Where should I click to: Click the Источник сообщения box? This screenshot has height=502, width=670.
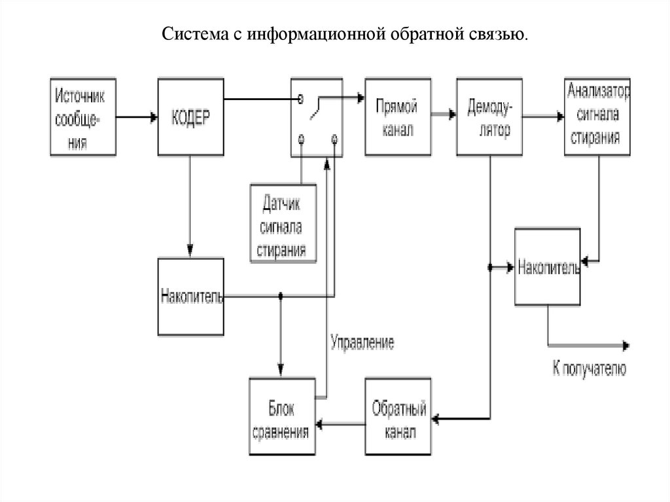(82, 117)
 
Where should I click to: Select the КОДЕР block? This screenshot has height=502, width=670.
(190, 117)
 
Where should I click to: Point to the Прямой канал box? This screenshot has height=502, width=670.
(398, 117)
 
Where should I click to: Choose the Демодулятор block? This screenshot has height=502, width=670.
(489, 117)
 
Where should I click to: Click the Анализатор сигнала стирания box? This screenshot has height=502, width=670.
(598, 117)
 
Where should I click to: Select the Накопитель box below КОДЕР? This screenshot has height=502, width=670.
(190, 296)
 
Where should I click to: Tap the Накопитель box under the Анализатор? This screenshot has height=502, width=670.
(547, 266)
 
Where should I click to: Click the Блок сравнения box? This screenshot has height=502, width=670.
(282, 417)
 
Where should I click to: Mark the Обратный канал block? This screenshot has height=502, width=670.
(398, 417)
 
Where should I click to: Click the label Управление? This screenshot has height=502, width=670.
(362, 342)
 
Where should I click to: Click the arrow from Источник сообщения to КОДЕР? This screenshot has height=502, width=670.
(137, 118)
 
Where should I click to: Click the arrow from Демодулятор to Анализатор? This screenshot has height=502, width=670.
(543, 117)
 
